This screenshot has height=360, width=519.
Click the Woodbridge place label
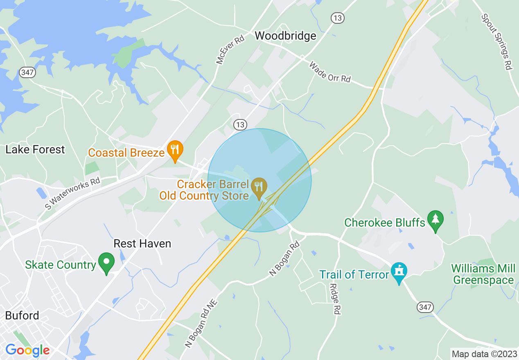(285, 36)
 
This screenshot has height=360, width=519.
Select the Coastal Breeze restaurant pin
(175, 150)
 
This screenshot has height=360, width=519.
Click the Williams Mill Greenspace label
(483, 274)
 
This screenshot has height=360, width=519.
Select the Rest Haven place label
(142, 244)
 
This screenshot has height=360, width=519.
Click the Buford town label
(22, 316)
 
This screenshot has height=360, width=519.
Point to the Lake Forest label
(35, 150)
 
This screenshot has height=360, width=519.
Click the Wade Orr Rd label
(330, 72)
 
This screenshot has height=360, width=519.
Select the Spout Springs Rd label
(496, 42)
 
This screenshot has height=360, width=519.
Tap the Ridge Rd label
(335, 299)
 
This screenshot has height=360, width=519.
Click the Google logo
(27, 350)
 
